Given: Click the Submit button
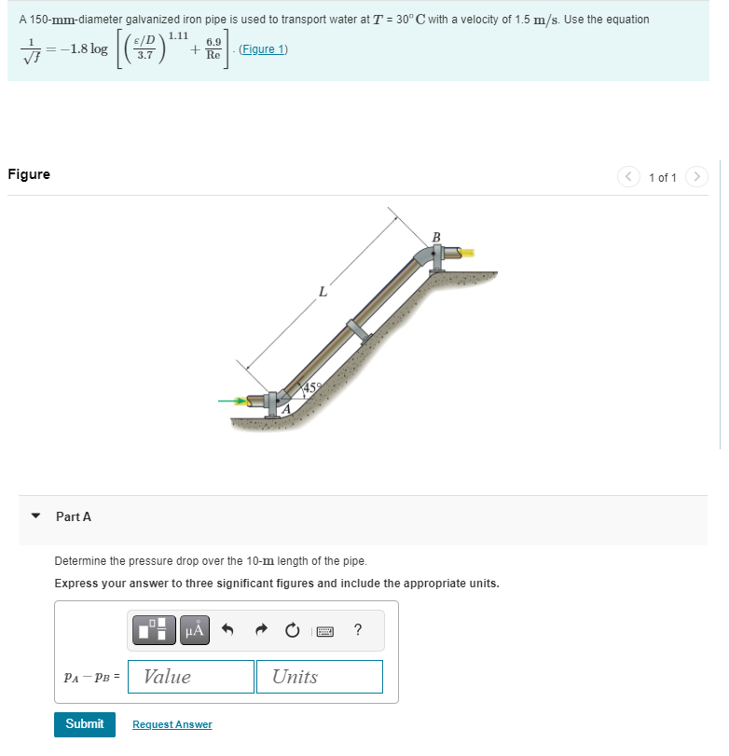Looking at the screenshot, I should tap(85, 724).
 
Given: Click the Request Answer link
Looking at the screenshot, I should tap(172, 724).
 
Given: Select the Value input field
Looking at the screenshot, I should tap(191, 677).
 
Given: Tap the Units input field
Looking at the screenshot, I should tap(318, 677).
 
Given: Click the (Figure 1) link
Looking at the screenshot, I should tap(263, 49).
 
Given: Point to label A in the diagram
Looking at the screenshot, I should tap(287, 407).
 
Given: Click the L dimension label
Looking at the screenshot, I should tap(323, 293).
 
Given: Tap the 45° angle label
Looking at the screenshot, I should tap(310, 387).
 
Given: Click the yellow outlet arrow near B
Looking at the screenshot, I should tap(468, 252).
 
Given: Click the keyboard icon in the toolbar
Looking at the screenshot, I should tap(325, 631).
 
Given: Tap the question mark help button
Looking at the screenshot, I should tap(358, 631).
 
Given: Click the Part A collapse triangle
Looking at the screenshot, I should tap(35, 515).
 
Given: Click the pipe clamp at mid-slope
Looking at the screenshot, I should tap(356, 331).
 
